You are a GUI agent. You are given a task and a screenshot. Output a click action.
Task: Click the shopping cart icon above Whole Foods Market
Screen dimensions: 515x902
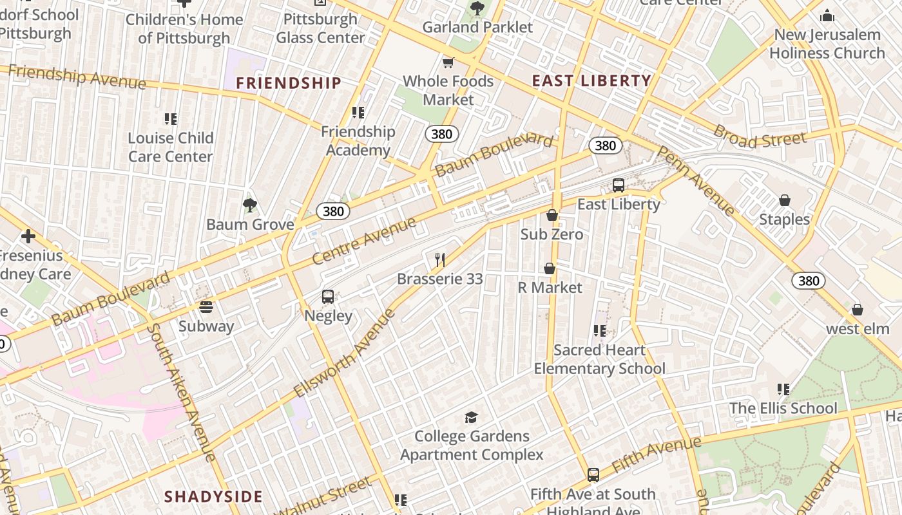pyautogui.click(x=448, y=62)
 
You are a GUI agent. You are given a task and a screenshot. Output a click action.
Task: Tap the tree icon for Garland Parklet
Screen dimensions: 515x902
pyautogui.click(x=477, y=8)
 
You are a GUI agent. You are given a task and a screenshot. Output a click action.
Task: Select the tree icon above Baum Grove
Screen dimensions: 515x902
pyautogui.click(x=250, y=205)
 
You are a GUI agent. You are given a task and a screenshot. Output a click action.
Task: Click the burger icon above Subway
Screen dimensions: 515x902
pyautogui.click(x=206, y=307)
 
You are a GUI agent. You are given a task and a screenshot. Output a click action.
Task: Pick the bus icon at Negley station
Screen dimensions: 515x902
pyautogui.click(x=328, y=297)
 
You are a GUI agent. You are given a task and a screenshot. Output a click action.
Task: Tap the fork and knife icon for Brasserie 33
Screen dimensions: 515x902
pyautogui.click(x=440, y=260)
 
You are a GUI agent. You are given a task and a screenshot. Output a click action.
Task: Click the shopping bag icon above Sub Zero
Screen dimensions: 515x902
pyautogui.click(x=552, y=215)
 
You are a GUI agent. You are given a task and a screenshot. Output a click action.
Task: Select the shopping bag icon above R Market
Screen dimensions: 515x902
pyautogui.click(x=550, y=268)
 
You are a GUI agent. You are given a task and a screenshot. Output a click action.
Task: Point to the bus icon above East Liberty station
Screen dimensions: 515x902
pyautogui.click(x=619, y=185)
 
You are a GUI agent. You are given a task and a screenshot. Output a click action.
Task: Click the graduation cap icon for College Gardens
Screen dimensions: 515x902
pyautogui.click(x=472, y=417)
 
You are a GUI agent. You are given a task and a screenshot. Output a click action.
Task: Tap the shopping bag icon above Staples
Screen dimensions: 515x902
pyautogui.click(x=785, y=200)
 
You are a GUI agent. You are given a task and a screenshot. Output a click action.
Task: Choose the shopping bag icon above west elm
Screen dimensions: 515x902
pyautogui.click(x=858, y=310)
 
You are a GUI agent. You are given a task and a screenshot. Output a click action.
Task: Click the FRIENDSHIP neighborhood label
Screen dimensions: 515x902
pyautogui.click(x=289, y=83)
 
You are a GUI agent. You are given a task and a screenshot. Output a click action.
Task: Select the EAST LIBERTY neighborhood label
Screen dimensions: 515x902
pyautogui.click(x=591, y=81)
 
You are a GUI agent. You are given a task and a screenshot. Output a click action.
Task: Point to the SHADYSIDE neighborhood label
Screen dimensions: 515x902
pyautogui.click(x=213, y=496)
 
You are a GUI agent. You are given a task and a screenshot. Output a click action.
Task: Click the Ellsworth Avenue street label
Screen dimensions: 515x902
pyautogui.click(x=344, y=353)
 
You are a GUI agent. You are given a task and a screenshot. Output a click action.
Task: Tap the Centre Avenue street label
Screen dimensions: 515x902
pyautogui.click(x=364, y=241)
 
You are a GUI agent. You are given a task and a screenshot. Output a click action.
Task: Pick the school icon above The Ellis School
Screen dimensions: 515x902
pyautogui.click(x=783, y=389)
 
